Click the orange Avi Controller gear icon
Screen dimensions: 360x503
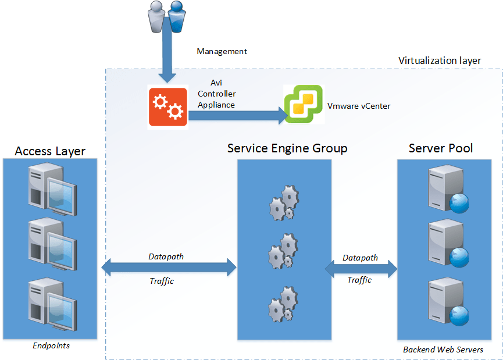point(167,106)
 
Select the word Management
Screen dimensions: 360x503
point(222,51)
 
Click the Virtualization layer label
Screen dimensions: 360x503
point(440,60)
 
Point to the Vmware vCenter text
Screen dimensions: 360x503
point(359,105)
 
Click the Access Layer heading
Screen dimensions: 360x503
point(50,151)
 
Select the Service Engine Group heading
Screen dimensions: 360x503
point(287,148)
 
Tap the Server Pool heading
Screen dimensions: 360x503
point(441,148)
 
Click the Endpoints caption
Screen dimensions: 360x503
point(51,345)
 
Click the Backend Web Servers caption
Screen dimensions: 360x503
point(443,350)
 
